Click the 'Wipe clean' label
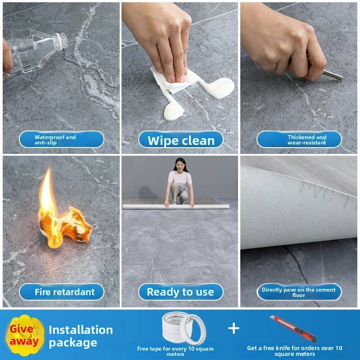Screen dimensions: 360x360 point(181,139)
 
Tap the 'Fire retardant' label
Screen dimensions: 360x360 point(62,292)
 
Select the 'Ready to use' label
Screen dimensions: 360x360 point(181,292)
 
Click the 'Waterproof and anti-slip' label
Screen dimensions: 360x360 point(62,139)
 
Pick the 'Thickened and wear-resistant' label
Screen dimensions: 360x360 point(299,139)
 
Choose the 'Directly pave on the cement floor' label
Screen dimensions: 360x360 point(299,292)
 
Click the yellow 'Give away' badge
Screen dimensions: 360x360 point(25,335)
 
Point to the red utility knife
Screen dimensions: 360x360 point(293,329)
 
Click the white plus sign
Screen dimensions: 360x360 point(234,328)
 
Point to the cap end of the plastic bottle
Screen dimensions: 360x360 point(62,41)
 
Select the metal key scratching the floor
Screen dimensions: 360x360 point(331,75)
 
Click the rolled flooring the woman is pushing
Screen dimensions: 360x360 point(176,207)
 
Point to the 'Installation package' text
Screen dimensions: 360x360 point(81,336)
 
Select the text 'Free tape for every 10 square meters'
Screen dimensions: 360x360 point(175,351)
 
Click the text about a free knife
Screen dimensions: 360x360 point(295,351)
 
